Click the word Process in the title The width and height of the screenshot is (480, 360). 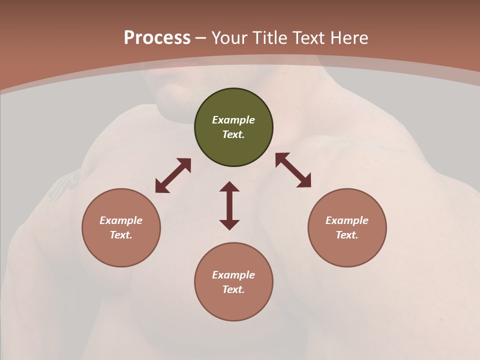point(157,38)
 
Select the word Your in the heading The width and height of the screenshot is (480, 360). point(230,38)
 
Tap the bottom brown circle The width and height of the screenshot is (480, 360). point(233,305)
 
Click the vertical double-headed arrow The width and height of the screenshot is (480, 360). point(229,205)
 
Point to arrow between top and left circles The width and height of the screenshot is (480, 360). point(173,175)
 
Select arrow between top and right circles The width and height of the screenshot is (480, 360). point(293,170)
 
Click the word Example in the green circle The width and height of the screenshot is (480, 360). point(233,120)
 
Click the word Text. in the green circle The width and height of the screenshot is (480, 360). point(233,134)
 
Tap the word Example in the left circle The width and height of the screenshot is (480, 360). point(121,220)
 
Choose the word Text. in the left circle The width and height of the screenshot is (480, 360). point(121,235)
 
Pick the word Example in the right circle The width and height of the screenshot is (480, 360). point(347,220)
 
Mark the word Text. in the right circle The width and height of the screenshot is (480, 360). point(347,235)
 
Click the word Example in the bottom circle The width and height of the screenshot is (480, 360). point(233,275)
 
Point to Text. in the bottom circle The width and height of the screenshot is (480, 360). point(233,289)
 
